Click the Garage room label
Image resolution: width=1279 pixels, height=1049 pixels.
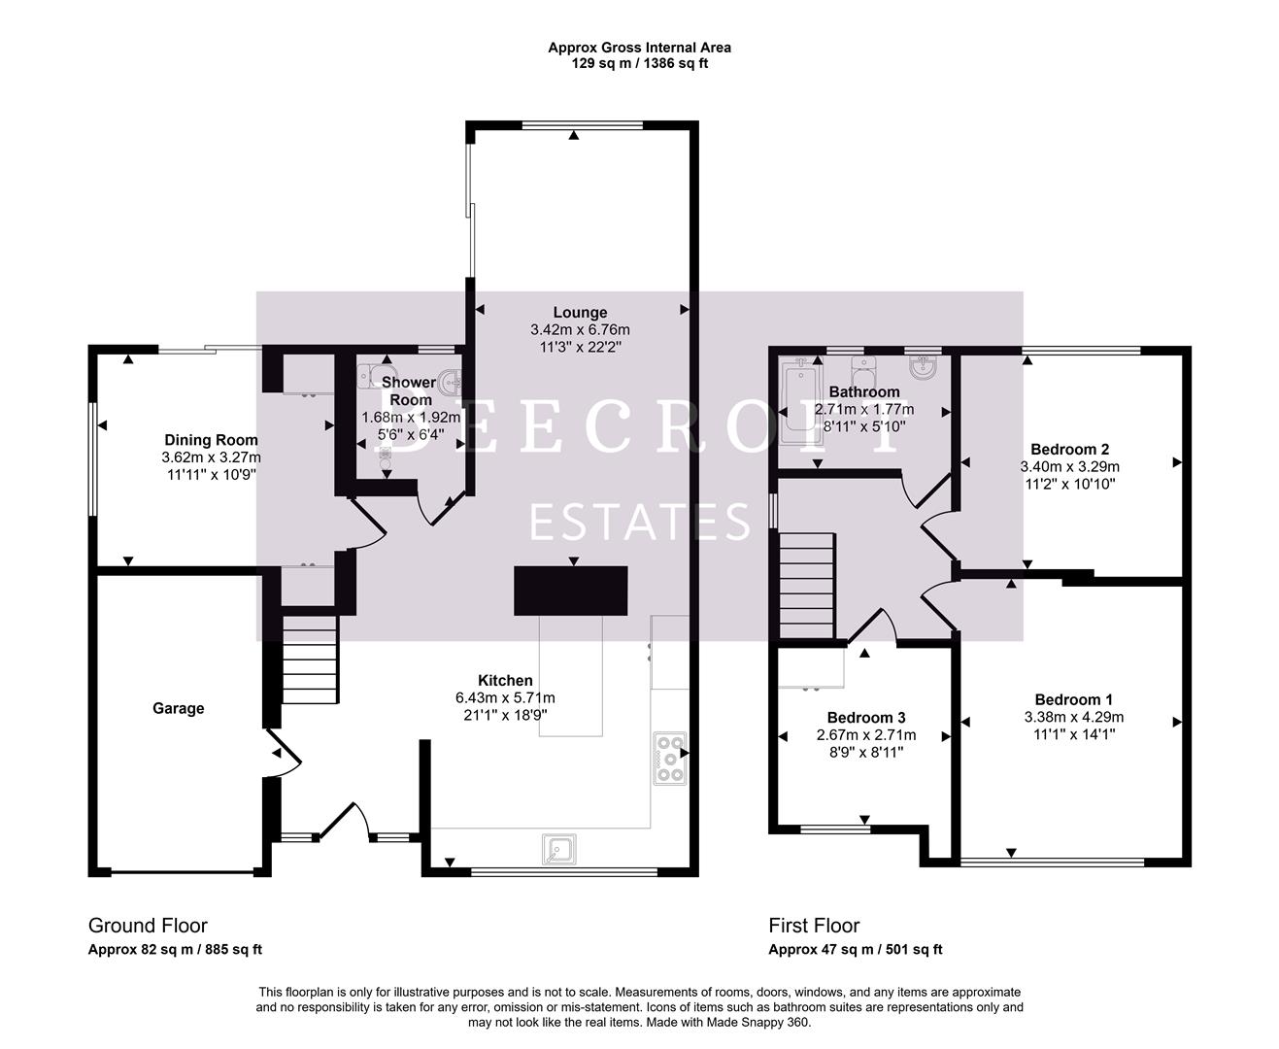pyautogui.click(x=178, y=708)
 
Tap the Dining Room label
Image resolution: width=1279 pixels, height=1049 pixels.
pyautogui.click(x=211, y=440)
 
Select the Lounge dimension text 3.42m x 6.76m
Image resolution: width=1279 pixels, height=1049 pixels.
pyautogui.click(x=580, y=329)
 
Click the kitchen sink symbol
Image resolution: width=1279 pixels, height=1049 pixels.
pyautogui.click(x=559, y=849)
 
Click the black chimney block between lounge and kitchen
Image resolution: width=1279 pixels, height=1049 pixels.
pyautogui.click(x=571, y=591)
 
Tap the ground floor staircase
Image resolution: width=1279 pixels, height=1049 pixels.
pyautogui.click(x=310, y=660)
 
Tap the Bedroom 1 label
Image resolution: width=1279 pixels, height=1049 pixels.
pyautogui.click(x=1073, y=699)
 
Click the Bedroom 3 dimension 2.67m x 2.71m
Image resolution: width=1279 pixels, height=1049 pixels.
pyautogui.click(x=866, y=734)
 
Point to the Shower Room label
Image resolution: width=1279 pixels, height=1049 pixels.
pyautogui.click(x=409, y=390)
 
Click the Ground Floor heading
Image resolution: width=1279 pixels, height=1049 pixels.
pyautogui.click(x=148, y=925)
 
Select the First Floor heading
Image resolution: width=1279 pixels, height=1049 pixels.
pyautogui.click(x=814, y=925)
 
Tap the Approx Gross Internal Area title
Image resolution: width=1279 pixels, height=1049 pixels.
pyautogui.click(x=639, y=47)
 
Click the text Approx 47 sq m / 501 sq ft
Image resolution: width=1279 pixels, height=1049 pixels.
pyautogui.click(x=855, y=950)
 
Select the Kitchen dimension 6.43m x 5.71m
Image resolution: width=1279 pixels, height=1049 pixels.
pyautogui.click(x=505, y=697)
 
